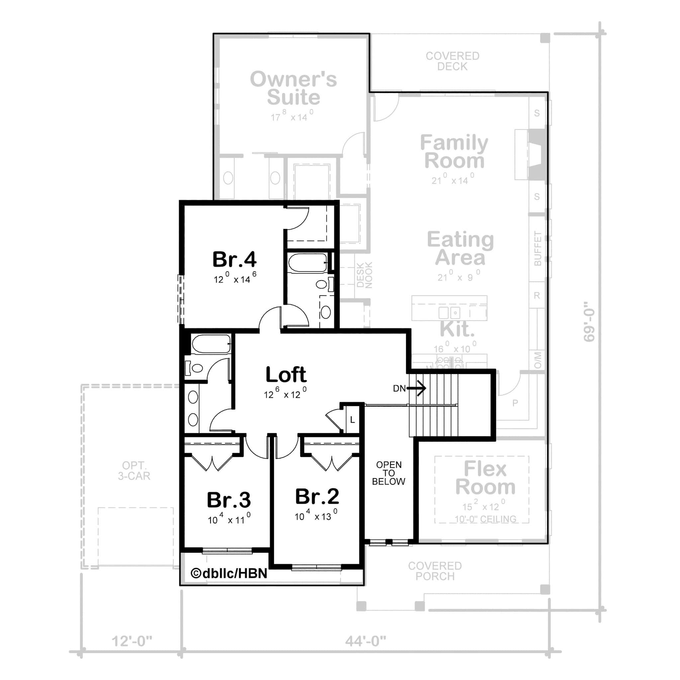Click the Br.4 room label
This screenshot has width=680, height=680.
tap(234, 260)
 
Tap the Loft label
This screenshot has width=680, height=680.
tap(286, 375)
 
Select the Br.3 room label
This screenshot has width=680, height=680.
tap(228, 500)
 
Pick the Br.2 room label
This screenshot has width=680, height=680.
tap(317, 496)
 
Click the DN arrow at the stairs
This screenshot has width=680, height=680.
tap(417, 388)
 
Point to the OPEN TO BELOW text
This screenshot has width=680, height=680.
tap(388, 473)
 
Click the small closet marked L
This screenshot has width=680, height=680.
tap(352, 420)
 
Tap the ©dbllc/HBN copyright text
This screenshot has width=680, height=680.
tap(229, 573)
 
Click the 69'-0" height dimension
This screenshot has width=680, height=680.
tap(589, 321)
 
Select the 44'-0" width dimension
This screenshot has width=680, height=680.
tap(365, 641)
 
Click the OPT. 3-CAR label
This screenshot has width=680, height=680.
tap(134, 470)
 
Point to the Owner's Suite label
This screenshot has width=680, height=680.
tap(293, 88)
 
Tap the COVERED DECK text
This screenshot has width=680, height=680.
tap(452, 61)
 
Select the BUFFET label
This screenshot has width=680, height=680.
tap(538, 248)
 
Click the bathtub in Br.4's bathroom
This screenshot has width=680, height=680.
tap(307, 263)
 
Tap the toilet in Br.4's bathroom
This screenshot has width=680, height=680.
tap(322, 284)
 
